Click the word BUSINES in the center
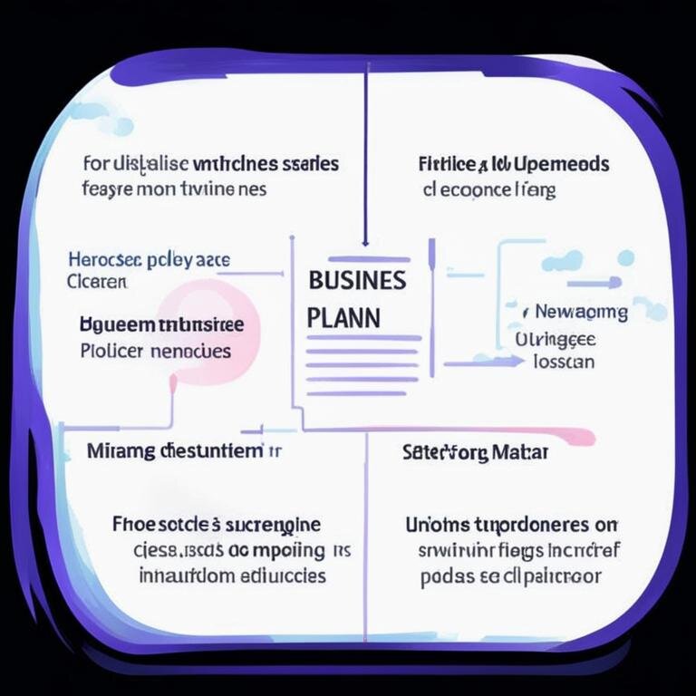click(x=357, y=280)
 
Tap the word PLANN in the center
click(x=343, y=319)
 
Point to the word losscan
click(x=564, y=362)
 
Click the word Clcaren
click(x=97, y=282)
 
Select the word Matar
click(x=520, y=452)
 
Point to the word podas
click(x=442, y=577)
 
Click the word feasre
click(x=107, y=190)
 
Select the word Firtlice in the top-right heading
click(x=448, y=165)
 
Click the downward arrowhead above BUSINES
click(x=365, y=241)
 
